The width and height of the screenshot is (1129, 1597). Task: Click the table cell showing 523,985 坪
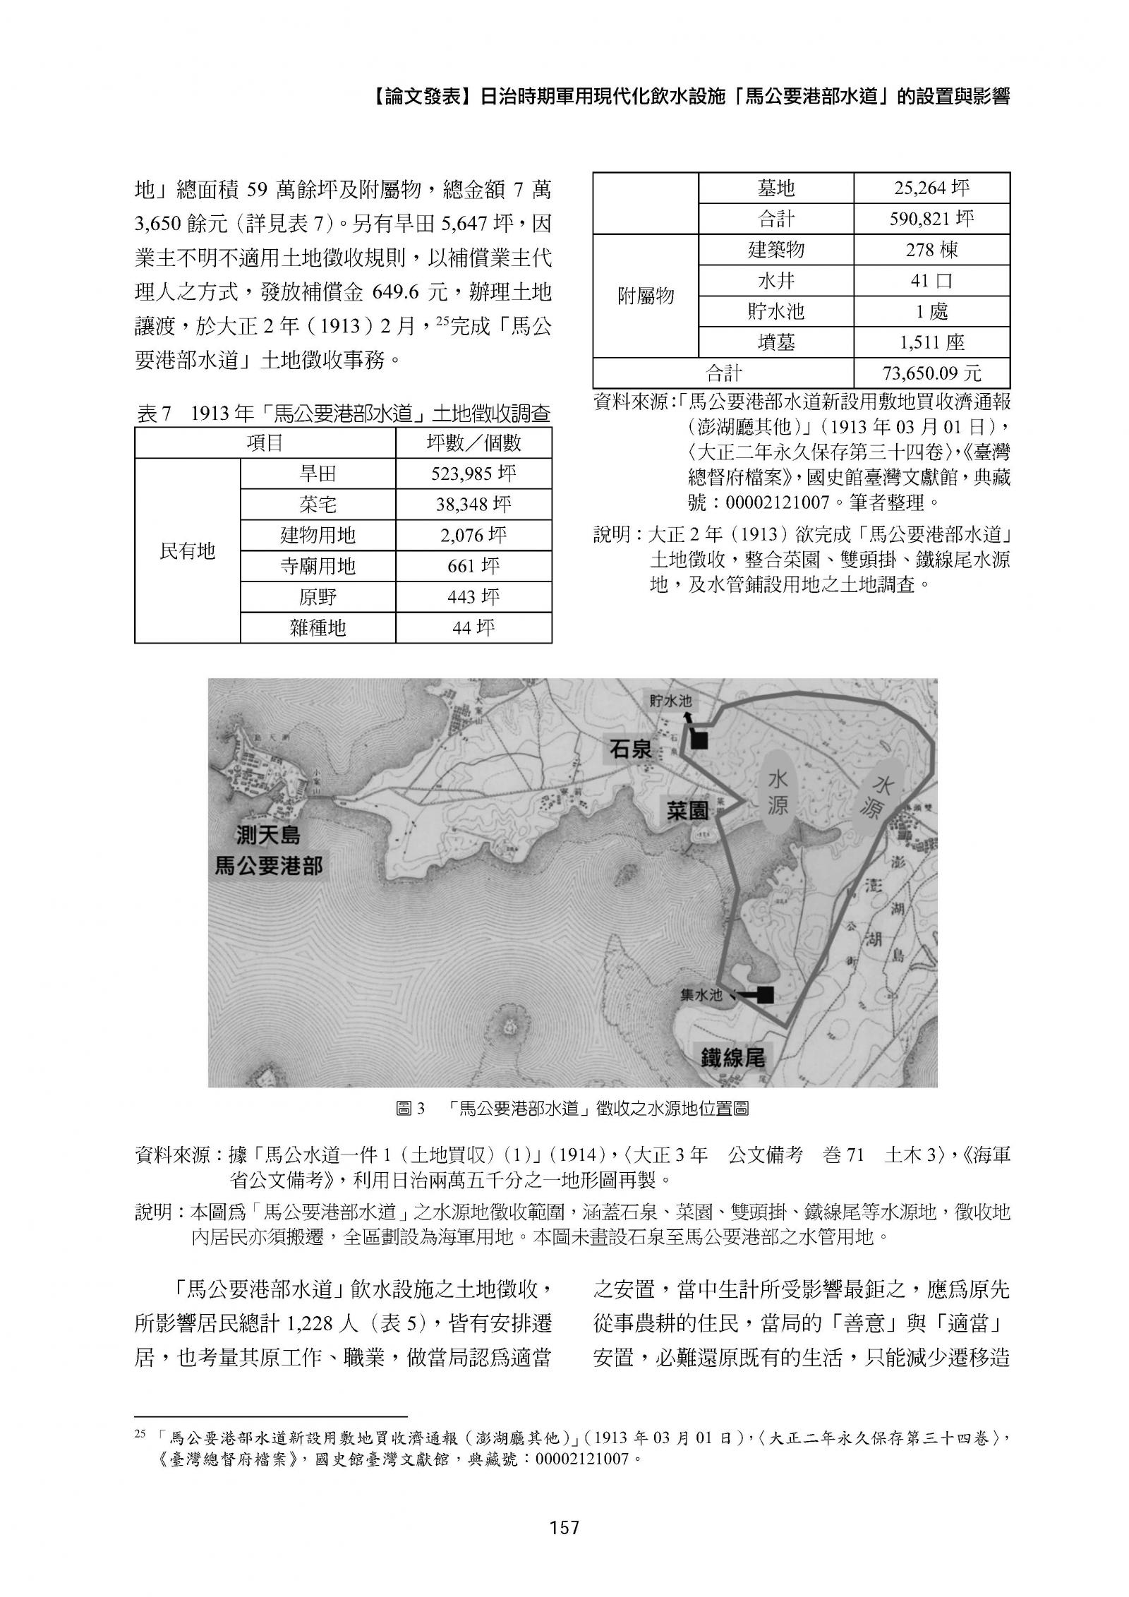point(473,474)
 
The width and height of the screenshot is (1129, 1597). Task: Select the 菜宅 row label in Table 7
point(318,505)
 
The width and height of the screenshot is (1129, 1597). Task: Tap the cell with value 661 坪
point(473,567)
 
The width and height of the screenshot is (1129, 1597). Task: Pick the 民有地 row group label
point(187,550)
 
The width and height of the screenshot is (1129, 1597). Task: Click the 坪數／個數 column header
point(473,442)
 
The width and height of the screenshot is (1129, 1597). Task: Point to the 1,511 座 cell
point(931,342)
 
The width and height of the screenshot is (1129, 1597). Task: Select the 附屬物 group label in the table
point(646,296)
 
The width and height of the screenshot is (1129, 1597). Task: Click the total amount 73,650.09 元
point(931,373)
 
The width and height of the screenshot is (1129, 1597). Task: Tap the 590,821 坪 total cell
point(931,219)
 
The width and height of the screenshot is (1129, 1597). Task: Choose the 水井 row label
point(776,281)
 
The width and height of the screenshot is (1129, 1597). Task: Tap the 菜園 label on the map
point(688,809)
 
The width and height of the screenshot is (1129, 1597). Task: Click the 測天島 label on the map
point(267,836)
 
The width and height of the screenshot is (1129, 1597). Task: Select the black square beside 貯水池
point(699,740)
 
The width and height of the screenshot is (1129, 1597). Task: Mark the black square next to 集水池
point(765,995)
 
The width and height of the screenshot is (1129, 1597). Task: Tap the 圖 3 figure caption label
point(411,1109)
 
